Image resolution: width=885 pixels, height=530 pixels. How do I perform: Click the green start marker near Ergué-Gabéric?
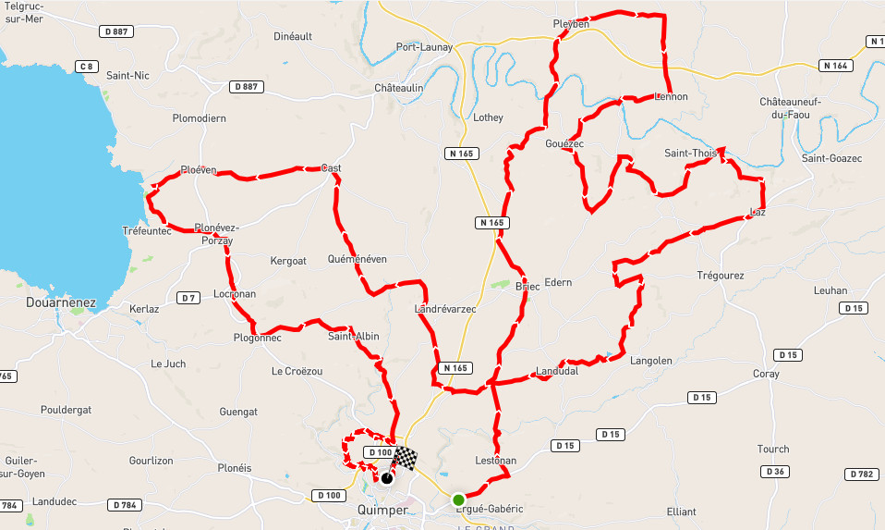tap(458, 499)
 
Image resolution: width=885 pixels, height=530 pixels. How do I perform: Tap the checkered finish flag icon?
tap(405, 458)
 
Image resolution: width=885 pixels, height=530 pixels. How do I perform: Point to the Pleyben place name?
tap(570, 24)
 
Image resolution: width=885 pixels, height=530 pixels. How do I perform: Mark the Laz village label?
tap(758, 213)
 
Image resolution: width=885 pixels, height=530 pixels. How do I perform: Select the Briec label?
tap(527, 287)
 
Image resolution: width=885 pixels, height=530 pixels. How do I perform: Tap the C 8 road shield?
tap(87, 66)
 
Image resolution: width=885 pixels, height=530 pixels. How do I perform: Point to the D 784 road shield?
tap(125, 505)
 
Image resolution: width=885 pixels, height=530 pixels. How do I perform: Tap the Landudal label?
tap(556, 372)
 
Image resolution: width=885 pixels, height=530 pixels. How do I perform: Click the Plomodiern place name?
tap(200, 118)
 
